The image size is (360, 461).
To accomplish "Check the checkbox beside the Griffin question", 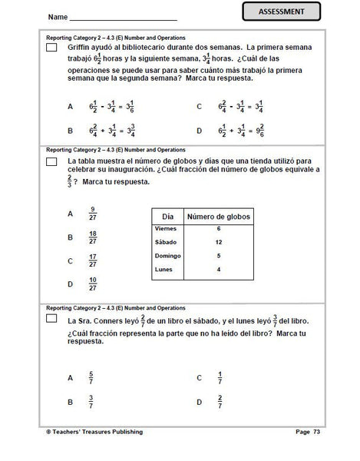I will tap(51, 48).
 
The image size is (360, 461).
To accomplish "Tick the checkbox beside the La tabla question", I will tap(51, 161).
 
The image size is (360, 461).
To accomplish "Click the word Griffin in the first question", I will tap(81, 47).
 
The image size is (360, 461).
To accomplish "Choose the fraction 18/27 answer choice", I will tap(93, 237).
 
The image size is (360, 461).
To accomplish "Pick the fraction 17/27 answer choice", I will tap(93, 261).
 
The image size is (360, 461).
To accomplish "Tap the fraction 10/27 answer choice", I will tap(93, 284).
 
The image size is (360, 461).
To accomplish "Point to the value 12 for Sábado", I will tap(219, 242).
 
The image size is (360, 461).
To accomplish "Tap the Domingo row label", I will tap(167, 255).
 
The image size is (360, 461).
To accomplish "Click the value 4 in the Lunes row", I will tap(219, 269).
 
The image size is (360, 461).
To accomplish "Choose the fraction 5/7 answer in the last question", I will tap(93, 378).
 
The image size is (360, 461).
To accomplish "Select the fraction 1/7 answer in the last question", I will tap(220, 378).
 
